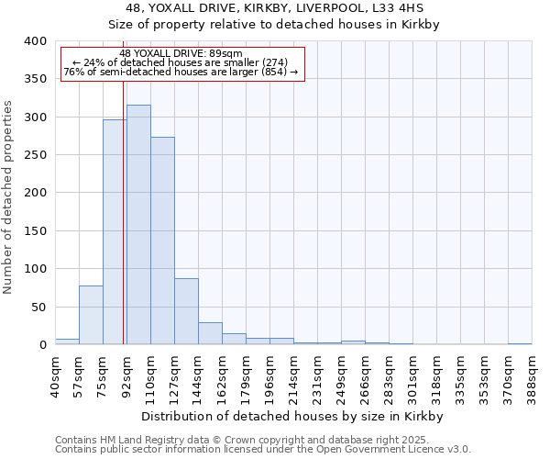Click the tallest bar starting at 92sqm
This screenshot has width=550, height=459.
tap(138, 225)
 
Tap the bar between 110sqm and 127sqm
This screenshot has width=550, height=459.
tap(162, 241)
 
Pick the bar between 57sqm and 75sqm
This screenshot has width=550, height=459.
tap(91, 315)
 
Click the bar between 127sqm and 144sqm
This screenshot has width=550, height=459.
tap(186, 311)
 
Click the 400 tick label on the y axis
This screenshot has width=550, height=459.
tap(35, 41)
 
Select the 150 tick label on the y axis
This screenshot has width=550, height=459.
tap(35, 231)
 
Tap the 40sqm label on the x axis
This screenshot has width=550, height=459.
tap(55, 372)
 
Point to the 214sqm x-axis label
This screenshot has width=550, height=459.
tap(293, 374)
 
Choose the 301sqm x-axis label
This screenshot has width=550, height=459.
tap(412, 374)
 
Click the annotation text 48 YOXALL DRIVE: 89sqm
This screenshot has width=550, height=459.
tap(181, 53)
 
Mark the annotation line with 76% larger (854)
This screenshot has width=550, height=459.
tap(181, 72)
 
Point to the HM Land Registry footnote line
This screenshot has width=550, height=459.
tap(262, 440)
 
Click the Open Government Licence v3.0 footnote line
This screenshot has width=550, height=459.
tap(262, 450)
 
